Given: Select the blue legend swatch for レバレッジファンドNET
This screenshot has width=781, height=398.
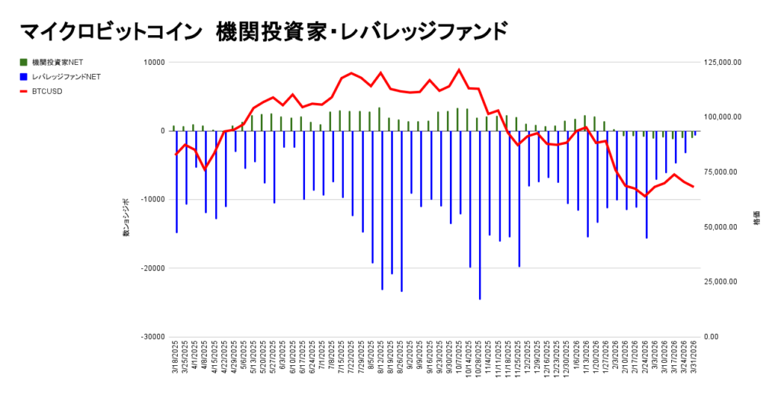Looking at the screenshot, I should point(24,77).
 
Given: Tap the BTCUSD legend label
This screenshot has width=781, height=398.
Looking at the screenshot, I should point(47,91).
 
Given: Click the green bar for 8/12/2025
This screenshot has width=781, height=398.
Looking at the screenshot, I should point(379,119).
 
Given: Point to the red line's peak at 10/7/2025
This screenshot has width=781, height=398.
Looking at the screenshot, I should point(459,70).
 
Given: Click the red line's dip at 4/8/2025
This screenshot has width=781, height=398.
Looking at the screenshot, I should point(204,169).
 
